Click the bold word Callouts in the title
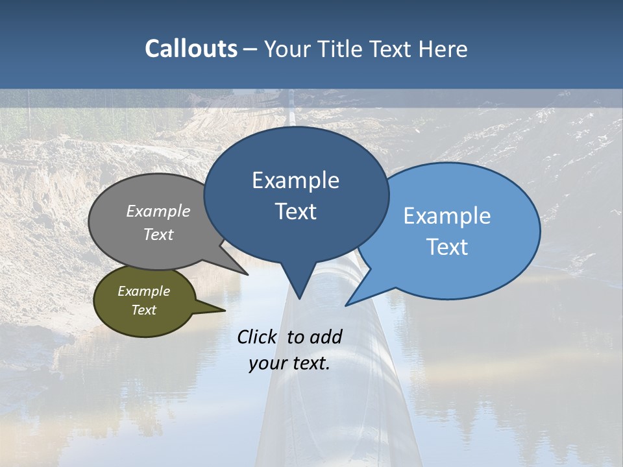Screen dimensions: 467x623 pos(191,49)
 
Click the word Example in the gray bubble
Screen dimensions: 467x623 pos(158,211)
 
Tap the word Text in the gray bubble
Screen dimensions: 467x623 pos(158,234)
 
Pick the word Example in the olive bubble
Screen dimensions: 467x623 pos(143,291)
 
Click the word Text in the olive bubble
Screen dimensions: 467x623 pos(143,310)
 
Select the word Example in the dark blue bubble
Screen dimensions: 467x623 pos(295,180)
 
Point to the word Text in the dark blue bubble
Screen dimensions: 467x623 pos(295,211)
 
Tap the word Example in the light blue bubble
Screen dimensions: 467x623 pos(447,216)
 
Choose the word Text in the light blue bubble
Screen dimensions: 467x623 pos(447,247)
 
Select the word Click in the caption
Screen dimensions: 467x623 pos(258,337)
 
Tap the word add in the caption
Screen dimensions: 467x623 pos(326,337)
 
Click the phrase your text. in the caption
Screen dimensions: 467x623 pos(289,364)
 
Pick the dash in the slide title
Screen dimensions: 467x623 pos(251,49)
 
